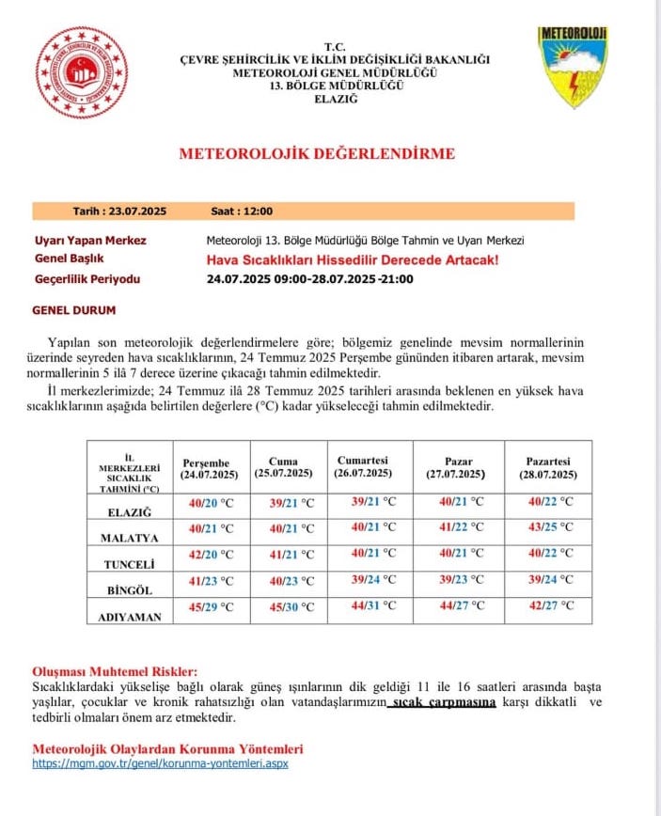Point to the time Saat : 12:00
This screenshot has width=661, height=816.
pos(242,212)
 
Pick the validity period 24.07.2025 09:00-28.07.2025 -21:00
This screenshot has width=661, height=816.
pos(309,279)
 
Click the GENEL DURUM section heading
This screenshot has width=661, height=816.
pos(74,309)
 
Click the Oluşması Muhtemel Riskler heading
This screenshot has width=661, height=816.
pos(116,671)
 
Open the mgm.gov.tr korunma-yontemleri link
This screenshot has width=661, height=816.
pos(160,763)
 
